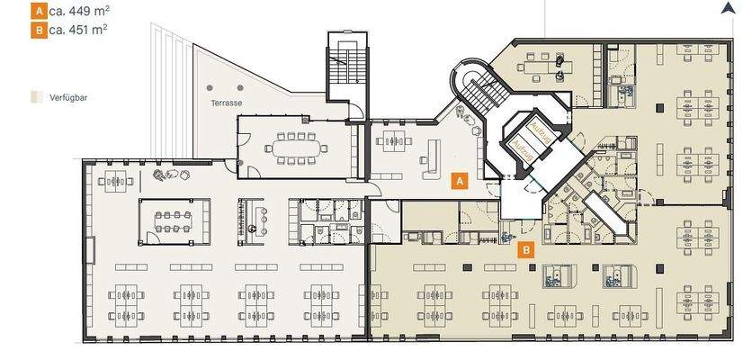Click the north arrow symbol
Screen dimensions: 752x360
click(x=728, y=8)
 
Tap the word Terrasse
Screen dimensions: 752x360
click(x=226, y=103)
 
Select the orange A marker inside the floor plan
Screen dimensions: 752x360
click(x=460, y=181)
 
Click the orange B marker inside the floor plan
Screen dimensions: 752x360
click(x=526, y=249)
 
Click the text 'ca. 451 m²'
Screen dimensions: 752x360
click(x=77, y=30)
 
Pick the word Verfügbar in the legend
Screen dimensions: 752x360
click(x=68, y=98)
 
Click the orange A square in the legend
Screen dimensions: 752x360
click(x=39, y=11)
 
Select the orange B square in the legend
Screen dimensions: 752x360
click(x=39, y=31)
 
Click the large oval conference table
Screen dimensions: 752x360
click(x=296, y=148)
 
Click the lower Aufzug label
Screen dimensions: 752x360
click(x=522, y=144)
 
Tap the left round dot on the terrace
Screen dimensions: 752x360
click(x=210, y=88)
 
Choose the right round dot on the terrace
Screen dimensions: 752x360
click(x=240, y=88)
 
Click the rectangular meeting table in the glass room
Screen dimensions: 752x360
click(x=174, y=221)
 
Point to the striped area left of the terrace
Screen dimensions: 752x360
click(x=172, y=91)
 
